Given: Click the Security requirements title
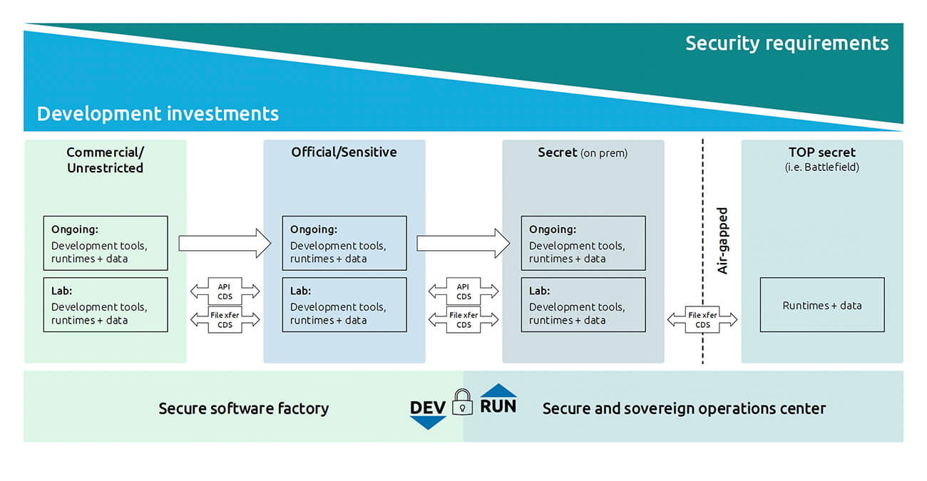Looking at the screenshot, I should pyautogui.click(x=787, y=43).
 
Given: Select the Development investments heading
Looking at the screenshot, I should pyautogui.click(x=158, y=113).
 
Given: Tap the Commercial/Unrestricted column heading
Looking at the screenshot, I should pyautogui.click(x=105, y=160).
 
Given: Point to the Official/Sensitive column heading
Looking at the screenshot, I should pyautogui.click(x=344, y=152).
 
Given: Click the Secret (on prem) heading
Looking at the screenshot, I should pyautogui.click(x=582, y=152).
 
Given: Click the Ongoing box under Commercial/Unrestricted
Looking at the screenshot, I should pyautogui.click(x=106, y=243).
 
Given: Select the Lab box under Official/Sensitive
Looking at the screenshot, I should pyautogui.click(x=344, y=305).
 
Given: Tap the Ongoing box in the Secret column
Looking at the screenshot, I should pyautogui.click(x=583, y=243).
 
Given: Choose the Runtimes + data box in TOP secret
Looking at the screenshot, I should pyautogui.click(x=821, y=305).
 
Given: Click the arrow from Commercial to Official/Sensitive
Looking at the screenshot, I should pyautogui.click(x=225, y=244).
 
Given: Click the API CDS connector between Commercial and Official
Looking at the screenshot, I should pyautogui.click(x=225, y=291).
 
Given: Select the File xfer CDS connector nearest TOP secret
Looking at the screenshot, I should pyautogui.click(x=702, y=320).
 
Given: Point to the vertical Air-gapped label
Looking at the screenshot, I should pyautogui.click(x=722, y=241).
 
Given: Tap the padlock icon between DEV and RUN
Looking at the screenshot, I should pyautogui.click(x=463, y=402).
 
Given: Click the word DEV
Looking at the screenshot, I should pyautogui.click(x=428, y=408).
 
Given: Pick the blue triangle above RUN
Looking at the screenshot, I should pyautogui.click(x=498, y=391).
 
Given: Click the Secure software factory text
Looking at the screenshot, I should pyautogui.click(x=243, y=408).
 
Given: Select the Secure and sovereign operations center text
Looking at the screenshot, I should pyautogui.click(x=684, y=408).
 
